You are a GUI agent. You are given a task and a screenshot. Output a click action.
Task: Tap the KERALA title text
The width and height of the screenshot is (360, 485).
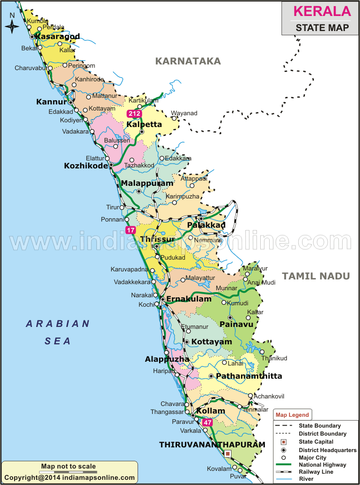[322, 11]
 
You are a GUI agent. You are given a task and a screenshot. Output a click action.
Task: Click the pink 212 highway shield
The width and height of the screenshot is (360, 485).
[134, 113]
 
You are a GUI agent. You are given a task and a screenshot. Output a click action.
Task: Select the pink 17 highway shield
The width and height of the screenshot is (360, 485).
[130, 230]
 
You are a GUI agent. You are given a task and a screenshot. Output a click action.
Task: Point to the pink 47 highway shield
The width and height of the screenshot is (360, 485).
[208, 422]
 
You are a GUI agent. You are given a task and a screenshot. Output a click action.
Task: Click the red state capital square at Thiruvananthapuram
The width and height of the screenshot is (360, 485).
[228, 454]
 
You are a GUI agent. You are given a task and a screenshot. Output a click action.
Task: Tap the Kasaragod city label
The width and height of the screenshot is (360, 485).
[57, 36]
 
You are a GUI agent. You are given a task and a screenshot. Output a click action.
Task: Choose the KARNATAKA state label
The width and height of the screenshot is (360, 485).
[188, 61]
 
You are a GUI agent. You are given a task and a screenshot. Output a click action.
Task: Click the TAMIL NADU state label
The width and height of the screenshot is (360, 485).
[316, 276]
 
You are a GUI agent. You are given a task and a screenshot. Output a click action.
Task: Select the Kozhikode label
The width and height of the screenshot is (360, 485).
[86, 166]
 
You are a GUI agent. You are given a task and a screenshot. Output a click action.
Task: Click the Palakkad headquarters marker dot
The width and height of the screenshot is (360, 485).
[201, 219]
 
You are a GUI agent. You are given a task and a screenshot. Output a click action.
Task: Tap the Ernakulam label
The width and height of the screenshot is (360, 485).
[189, 299]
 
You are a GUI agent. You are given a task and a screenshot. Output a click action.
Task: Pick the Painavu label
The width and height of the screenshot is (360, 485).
[237, 324]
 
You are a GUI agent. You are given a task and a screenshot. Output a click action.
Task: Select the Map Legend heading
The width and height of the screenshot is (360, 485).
[292, 415]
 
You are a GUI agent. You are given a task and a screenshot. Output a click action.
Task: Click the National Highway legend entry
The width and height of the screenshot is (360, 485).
[322, 465]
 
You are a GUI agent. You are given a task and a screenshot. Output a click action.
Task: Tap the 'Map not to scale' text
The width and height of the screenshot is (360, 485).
[68, 466]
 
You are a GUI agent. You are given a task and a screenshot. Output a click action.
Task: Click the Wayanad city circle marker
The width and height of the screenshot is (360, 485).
[174, 119]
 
